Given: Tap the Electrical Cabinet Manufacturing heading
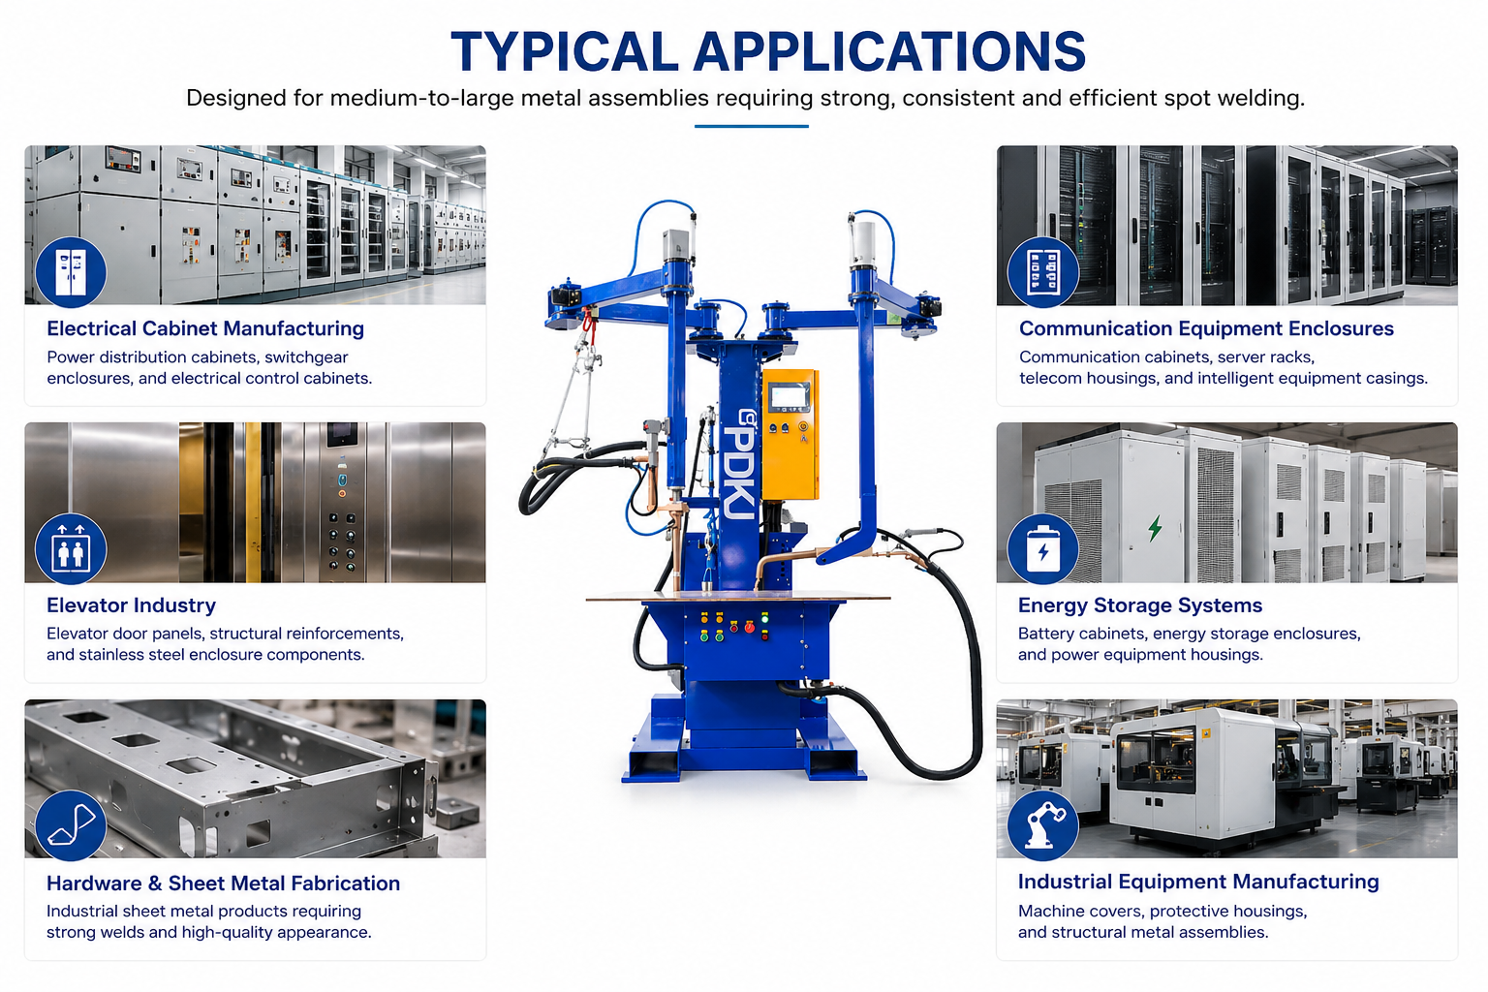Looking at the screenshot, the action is click(205, 328).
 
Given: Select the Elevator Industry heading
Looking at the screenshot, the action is click(131, 605).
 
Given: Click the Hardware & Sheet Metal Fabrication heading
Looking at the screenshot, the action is click(223, 883).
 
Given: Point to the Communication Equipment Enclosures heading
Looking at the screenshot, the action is click(1206, 328).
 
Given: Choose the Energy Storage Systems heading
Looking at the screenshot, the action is click(1140, 605).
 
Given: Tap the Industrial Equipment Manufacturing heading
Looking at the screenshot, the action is click(1198, 882).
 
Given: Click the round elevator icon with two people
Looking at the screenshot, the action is click(71, 549).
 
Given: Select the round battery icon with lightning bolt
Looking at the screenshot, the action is click(1043, 549).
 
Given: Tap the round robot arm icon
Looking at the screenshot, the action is click(1043, 826).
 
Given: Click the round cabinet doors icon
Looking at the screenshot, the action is click(71, 272).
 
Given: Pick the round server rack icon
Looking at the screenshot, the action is click(1043, 272).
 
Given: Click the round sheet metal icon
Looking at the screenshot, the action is click(71, 826).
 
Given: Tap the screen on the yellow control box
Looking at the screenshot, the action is click(789, 398).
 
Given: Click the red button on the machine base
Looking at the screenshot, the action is click(749, 627).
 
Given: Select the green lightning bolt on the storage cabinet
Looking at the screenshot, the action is click(1155, 528).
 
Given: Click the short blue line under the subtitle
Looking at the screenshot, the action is click(752, 126).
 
